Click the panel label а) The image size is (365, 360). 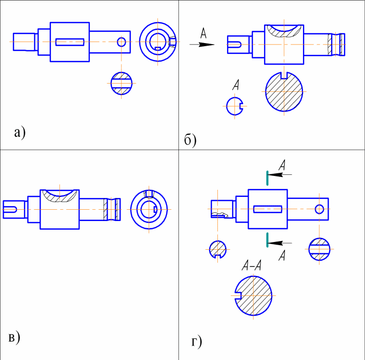click(19, 132)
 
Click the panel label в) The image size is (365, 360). click(14, 337)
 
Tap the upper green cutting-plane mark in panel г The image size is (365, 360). click(267, 177)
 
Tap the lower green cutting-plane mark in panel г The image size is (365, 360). click(267, 238)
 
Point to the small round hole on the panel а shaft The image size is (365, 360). click(121, 42)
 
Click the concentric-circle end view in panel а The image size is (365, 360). click(158, 41)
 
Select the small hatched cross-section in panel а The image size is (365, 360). click(121, 82)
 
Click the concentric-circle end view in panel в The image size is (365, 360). click(149, 209)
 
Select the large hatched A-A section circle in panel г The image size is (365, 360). click(254, 297)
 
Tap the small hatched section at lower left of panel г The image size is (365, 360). click(219, 249)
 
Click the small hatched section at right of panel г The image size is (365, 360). click(319, 249)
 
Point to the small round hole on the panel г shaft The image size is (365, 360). click(319, 209)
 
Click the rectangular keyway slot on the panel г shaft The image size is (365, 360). click(268, 209)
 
